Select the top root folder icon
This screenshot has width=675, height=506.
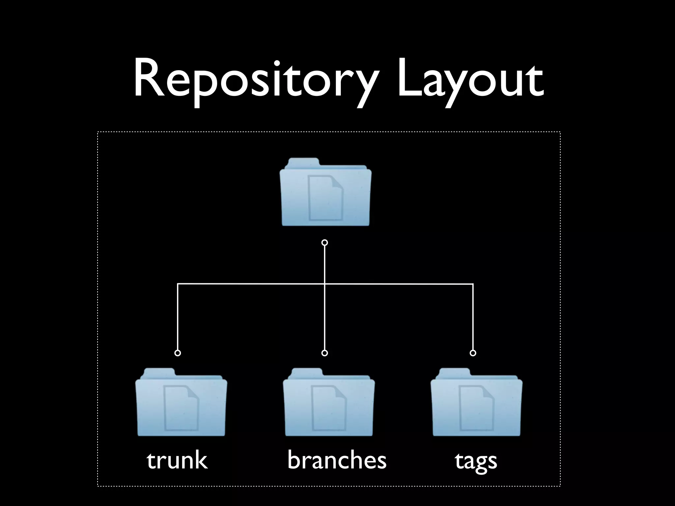(x=325, y=193)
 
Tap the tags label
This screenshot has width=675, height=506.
(x=476, y=461)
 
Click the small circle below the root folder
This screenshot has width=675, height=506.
(x=325, y=243)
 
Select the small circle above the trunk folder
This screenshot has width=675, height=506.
(x=178, y=353)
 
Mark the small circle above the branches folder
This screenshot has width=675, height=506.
(x=325, y=353)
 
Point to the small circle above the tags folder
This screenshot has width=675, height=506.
(x=473, y=353)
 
